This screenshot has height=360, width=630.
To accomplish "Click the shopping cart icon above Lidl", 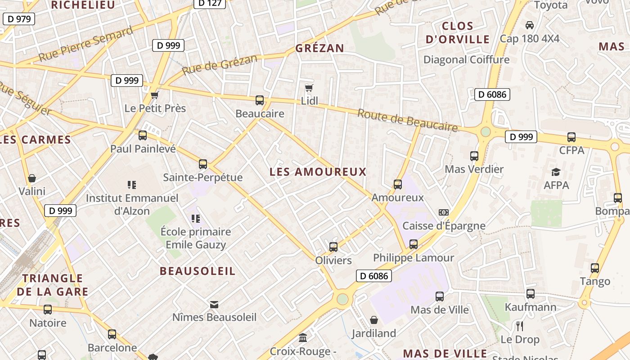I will click(x=309, y=88).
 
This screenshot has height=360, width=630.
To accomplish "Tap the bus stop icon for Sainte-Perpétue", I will click(x=203, y=164).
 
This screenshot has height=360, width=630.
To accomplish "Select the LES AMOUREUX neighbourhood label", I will click(x=318, y=172).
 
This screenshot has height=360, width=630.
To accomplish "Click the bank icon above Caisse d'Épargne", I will click(x=444, y=212).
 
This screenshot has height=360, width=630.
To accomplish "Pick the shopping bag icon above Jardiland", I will click(x=374, y=320).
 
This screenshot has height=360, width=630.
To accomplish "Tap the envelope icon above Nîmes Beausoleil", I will click(x=214, y=305).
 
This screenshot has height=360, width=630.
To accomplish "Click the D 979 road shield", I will click(x=19, y=19).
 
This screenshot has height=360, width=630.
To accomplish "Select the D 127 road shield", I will click(x=210, y=3).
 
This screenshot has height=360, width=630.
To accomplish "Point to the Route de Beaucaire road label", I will click(x=407, y=120).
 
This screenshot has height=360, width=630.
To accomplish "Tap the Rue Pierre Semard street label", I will click(x=85, y=44).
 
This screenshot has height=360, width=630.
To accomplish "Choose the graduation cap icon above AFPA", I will click(x=556, y=172).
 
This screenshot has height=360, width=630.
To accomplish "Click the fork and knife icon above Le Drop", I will click(x=520, y=326).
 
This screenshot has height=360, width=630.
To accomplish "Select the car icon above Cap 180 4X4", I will click(x=530, y=25).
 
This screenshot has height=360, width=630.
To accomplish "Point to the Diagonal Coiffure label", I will click(x=466, y=59).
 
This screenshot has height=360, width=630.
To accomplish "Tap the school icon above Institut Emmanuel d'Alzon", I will click(x=132, y=184).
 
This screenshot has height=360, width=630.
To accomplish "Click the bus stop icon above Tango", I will click(x=595, y=268).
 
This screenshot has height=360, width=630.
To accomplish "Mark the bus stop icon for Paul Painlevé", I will click(x=143, y=135).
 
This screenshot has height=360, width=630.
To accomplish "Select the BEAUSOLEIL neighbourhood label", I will click(x=198, y=271).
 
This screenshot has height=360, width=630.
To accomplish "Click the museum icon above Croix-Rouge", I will click(x=303, y=337).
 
